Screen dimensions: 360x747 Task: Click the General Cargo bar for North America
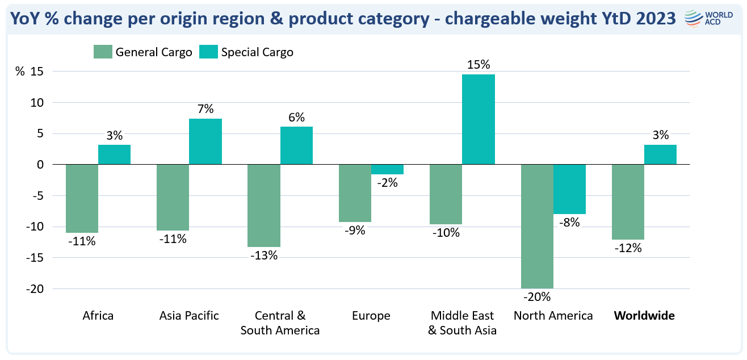[537, 226]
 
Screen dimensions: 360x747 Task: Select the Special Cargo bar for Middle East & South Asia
[478, 120]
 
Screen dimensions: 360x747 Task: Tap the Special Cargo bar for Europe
[387, 169]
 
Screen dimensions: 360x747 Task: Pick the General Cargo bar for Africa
[82, 198]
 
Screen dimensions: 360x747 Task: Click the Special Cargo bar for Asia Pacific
[205, 141]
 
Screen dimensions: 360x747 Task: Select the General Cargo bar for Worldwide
[628, 202]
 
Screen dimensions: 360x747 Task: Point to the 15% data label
[478, 65]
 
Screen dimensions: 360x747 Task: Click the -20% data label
[537, 297]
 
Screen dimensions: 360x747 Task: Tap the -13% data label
[264, 256]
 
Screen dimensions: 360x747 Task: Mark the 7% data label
[205, 108]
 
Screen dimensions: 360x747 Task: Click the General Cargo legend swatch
[103, 52]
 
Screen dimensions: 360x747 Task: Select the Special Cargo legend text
[257, 52]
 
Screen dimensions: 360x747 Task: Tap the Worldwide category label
[644, 316]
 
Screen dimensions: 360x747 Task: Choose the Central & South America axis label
[280, 323]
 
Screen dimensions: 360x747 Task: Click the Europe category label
[371, 316]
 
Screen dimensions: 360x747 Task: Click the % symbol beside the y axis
[20, 72]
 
